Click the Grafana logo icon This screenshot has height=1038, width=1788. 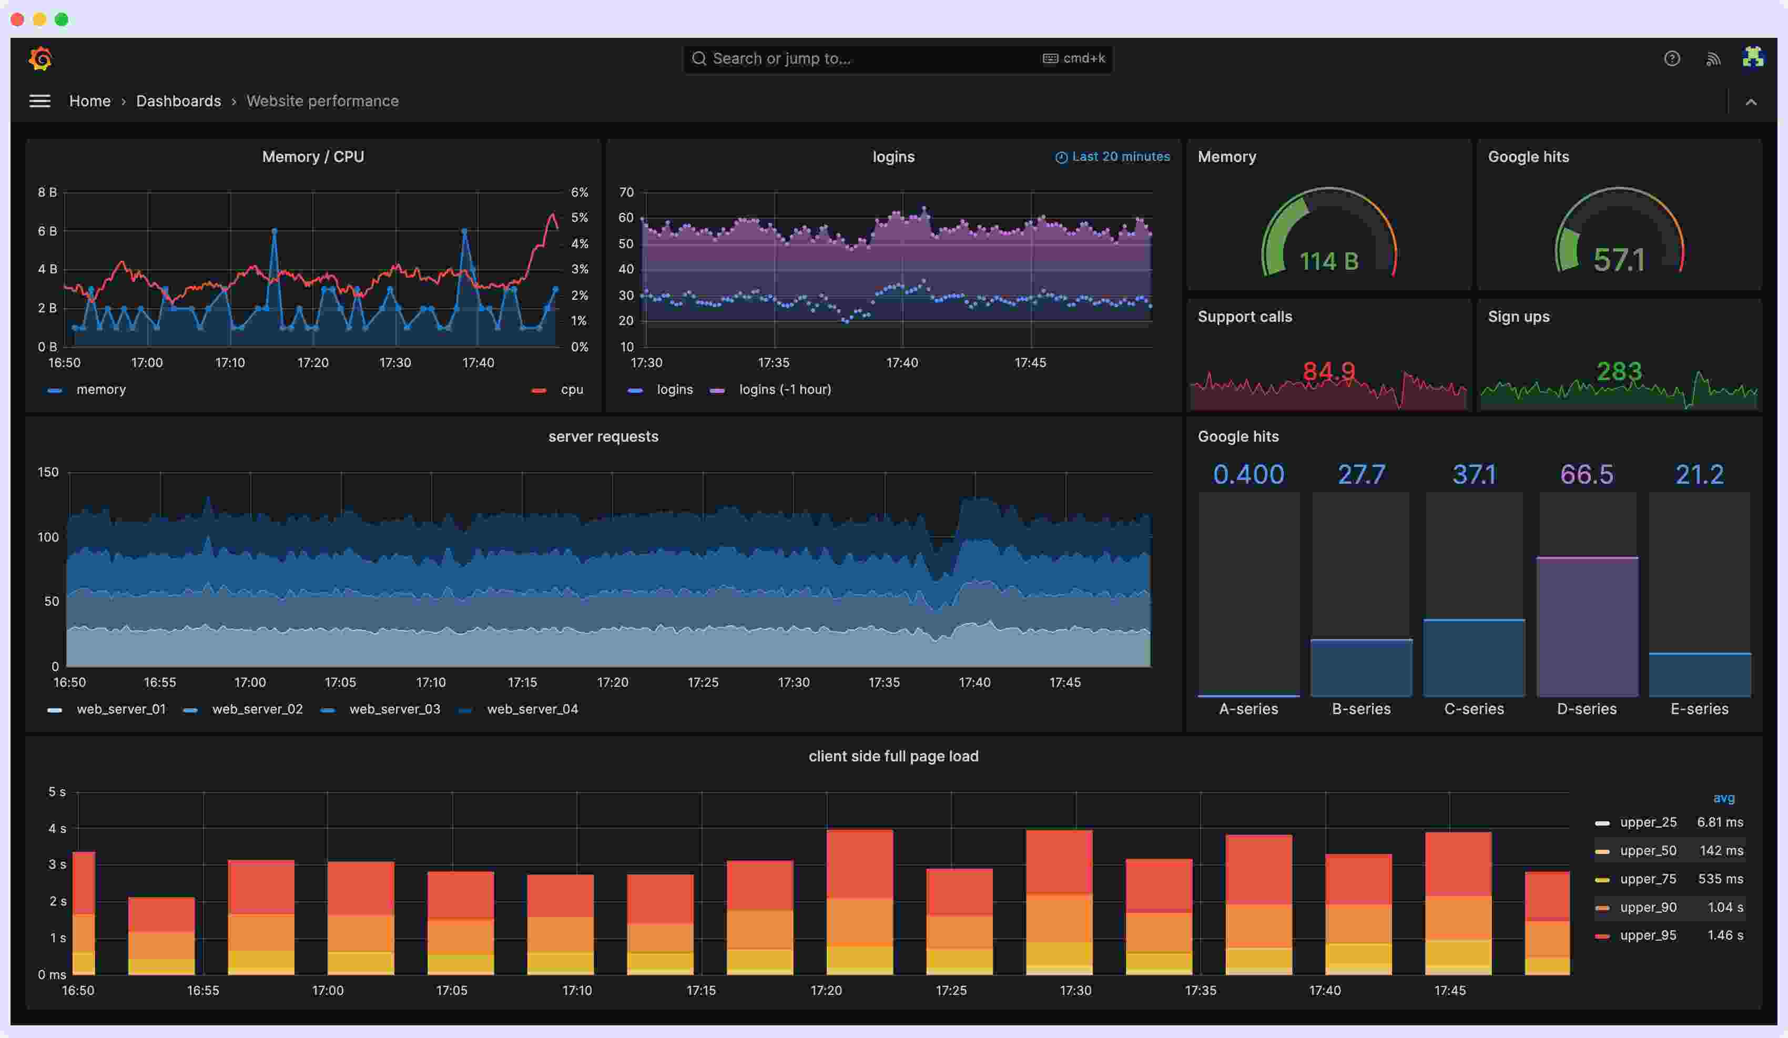40,58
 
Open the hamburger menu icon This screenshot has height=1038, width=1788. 40,101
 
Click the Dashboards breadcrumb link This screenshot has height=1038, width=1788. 178,101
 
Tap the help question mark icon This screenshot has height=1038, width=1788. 1672,58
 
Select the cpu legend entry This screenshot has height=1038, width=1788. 571,390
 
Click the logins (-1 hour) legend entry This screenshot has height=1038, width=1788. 784,390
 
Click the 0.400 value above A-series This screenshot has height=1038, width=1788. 1248,474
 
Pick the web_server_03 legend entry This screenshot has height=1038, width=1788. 394,709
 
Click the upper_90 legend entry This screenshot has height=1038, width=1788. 1648,907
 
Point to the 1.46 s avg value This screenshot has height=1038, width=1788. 1725,935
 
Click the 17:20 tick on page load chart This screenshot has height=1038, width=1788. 826,990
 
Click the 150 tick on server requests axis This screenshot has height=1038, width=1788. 48,472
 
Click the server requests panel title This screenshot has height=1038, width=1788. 603,436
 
